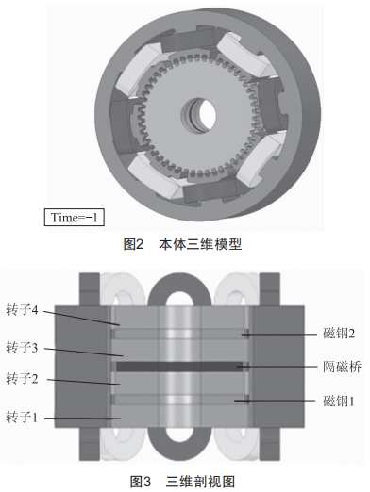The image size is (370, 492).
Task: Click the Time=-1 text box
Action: coord(75,218)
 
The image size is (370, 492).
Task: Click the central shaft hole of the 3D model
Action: coord(199,115)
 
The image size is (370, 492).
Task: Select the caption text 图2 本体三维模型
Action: coord(182,245)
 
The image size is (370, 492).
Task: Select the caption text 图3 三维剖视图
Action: coord(182,482)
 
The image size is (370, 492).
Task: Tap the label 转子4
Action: coord(22,310)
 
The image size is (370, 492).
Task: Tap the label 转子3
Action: coord(22,348)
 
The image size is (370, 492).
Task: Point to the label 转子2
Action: coord(22,379)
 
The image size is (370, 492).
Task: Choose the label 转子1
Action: coord(22,418)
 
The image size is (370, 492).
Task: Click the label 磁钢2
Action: coord(339,334)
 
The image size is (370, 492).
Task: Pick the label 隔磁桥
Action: coord(342,367)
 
